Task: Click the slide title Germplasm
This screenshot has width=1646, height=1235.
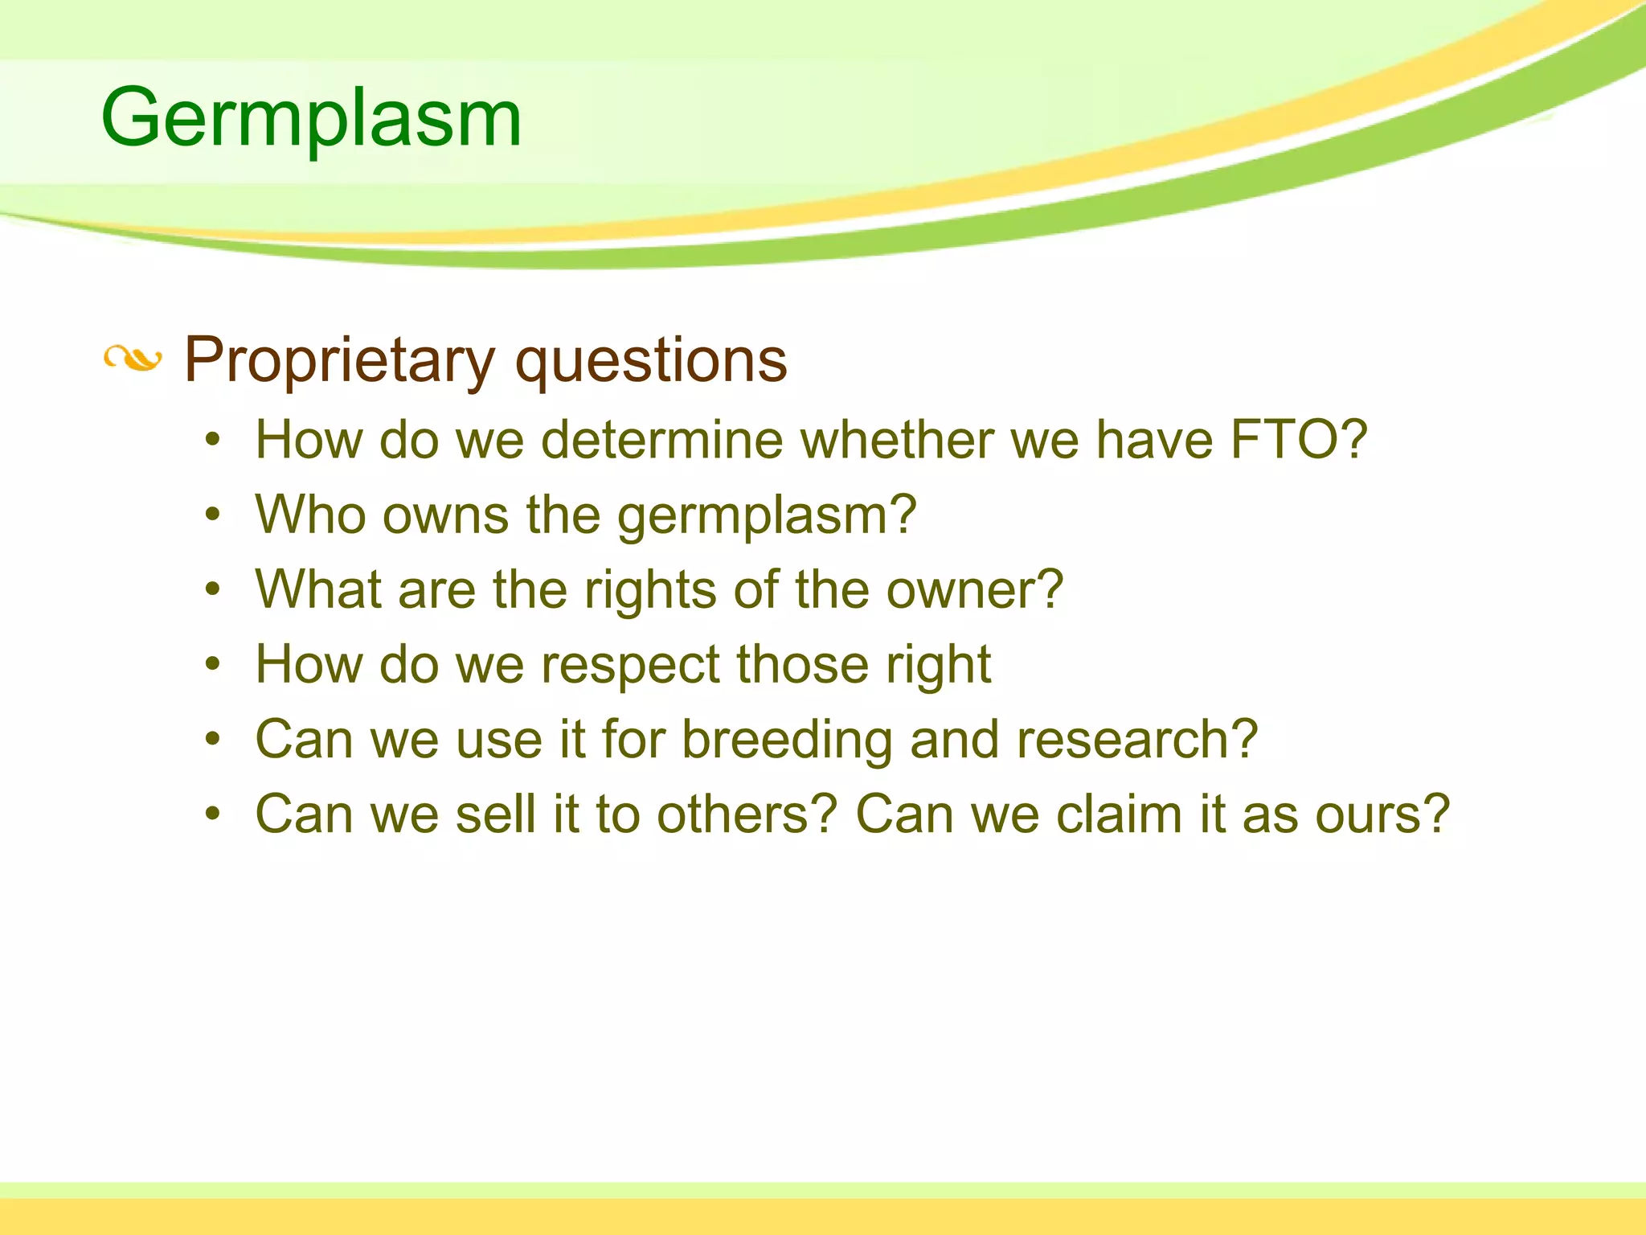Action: pyautogui.click(x=311, y=119)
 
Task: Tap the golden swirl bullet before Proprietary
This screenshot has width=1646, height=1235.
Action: pyautogui.click(x=133, y=359)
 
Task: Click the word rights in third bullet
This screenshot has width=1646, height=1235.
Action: pyautogui.click(x=650, y=590)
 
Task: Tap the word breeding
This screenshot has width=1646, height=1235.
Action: pyautogui.click(x=787, y=740)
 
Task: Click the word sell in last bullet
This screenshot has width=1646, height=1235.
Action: pyautogui.click(x=495, y=814)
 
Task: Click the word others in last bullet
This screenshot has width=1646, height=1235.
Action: pyautogui.click(x=747, y=814)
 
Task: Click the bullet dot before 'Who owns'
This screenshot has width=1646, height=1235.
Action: pyautogui.click(x=212, y=515)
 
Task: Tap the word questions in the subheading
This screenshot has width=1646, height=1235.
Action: pyautogui.click(x=651, y=360)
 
